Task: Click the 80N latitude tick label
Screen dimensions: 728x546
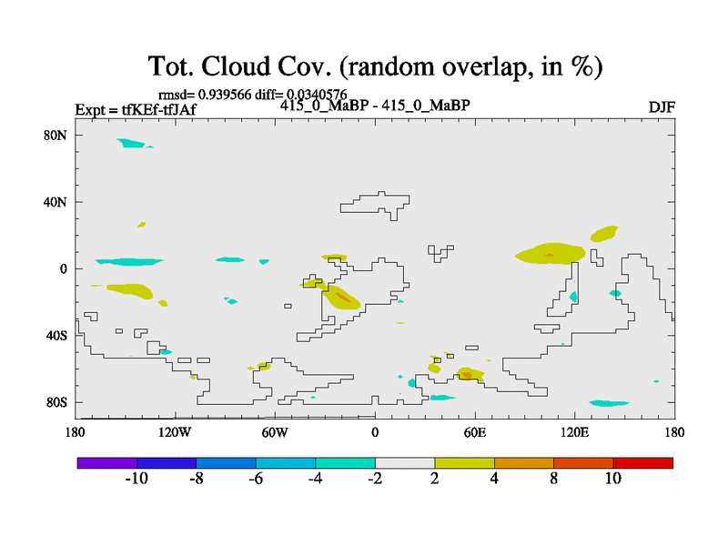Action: [56, 136]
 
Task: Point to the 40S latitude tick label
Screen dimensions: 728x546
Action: [56, 336]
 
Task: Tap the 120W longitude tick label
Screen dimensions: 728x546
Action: [175, 433]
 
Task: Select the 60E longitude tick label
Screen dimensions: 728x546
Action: [475, 433]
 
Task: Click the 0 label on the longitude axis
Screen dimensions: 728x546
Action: [375, 433]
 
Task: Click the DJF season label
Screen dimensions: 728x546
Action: [662, 107]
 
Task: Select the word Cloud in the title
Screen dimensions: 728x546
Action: [235, 66]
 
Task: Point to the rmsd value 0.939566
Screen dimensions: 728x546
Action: [225, 95]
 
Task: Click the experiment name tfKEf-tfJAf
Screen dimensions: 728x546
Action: [158, 110]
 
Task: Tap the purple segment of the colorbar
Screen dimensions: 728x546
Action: [107, 463]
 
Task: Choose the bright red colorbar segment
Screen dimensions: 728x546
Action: [643, 463]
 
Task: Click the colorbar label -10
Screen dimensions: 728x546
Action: [136, 479]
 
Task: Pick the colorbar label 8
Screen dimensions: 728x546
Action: [553, 479]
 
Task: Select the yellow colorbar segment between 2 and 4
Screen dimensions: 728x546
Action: [464, 463]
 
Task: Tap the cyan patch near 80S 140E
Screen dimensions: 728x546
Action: [609, 403]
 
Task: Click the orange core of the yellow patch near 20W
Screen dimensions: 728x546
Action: [343, 297]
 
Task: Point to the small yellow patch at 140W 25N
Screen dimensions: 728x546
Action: [142, 225]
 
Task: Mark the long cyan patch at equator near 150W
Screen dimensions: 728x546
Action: [129, 262]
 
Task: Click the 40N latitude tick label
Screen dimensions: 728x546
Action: [56, 202]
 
